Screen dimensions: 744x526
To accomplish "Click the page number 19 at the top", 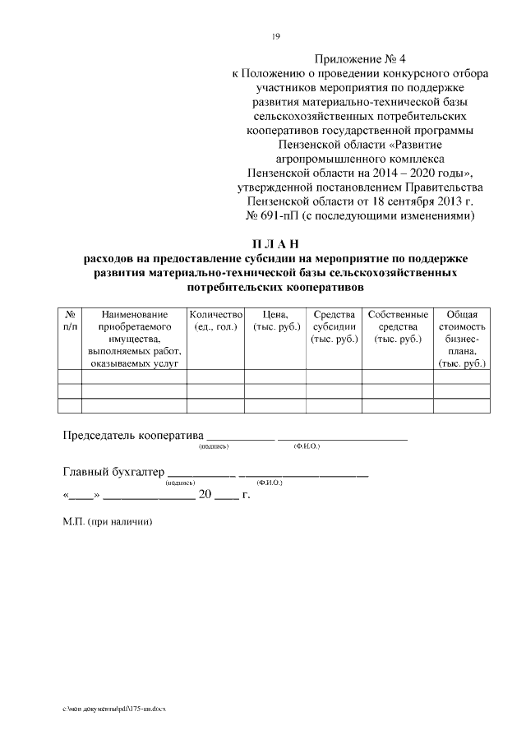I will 276,35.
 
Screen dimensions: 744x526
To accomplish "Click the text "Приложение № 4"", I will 360,59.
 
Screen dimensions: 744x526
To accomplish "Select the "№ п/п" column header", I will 70,321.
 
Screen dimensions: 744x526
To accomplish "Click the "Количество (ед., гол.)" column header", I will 216,321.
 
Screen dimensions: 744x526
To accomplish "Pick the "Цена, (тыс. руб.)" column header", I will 275,321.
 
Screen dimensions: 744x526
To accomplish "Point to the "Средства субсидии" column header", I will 333,321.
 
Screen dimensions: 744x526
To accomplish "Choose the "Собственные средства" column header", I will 398,321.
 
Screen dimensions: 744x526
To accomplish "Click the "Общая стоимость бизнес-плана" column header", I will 462,338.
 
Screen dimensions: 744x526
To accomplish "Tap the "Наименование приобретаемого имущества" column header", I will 134,338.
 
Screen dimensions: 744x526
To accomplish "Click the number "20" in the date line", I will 205,497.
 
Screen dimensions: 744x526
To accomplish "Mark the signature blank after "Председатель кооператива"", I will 239,438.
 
